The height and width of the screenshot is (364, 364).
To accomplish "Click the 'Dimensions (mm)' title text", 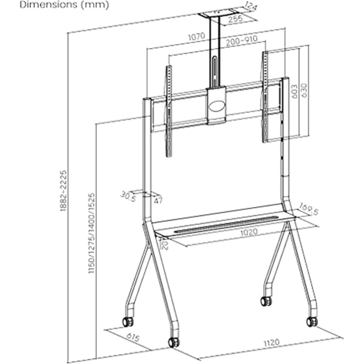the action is pyautogui.click(x=64, y=5).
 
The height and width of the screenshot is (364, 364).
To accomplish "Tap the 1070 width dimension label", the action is pyautogui.click(x=197, y=36).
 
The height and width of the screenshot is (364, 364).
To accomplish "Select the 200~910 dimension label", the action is pyautogui.click(x=242, y=41).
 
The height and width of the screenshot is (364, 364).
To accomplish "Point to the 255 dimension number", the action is pyautogui.click(x=235, y=19).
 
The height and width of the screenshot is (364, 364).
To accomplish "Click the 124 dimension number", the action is pyautogui.click(x=250, y=6).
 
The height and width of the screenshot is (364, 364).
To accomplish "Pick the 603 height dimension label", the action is pyautogui.click(x=294, y=91).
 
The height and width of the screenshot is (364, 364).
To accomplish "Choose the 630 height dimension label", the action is pyautogui.click(x=304, y=91).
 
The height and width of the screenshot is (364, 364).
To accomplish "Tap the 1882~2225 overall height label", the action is pyautogui.click(x=63, y=191).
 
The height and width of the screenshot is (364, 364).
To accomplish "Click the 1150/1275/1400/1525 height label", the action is pyautogui.click(x=91, y=233).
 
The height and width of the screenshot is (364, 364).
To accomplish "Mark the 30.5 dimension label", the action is pyautogui.click(x=128, y=196).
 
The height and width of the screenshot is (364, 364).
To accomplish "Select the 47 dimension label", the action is pyautogui.click(x=158, y=200).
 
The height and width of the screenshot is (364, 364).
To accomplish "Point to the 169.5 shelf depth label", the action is pyautogui.click(x=308, y=209).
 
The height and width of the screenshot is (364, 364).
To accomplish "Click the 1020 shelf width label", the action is pyautogui.click(x=249, y=232).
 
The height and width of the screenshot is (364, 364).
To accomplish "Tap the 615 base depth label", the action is pyautogui.click(x=133, y=337).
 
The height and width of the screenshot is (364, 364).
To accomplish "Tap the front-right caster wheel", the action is pyautogui.click(x=312, y=322).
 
